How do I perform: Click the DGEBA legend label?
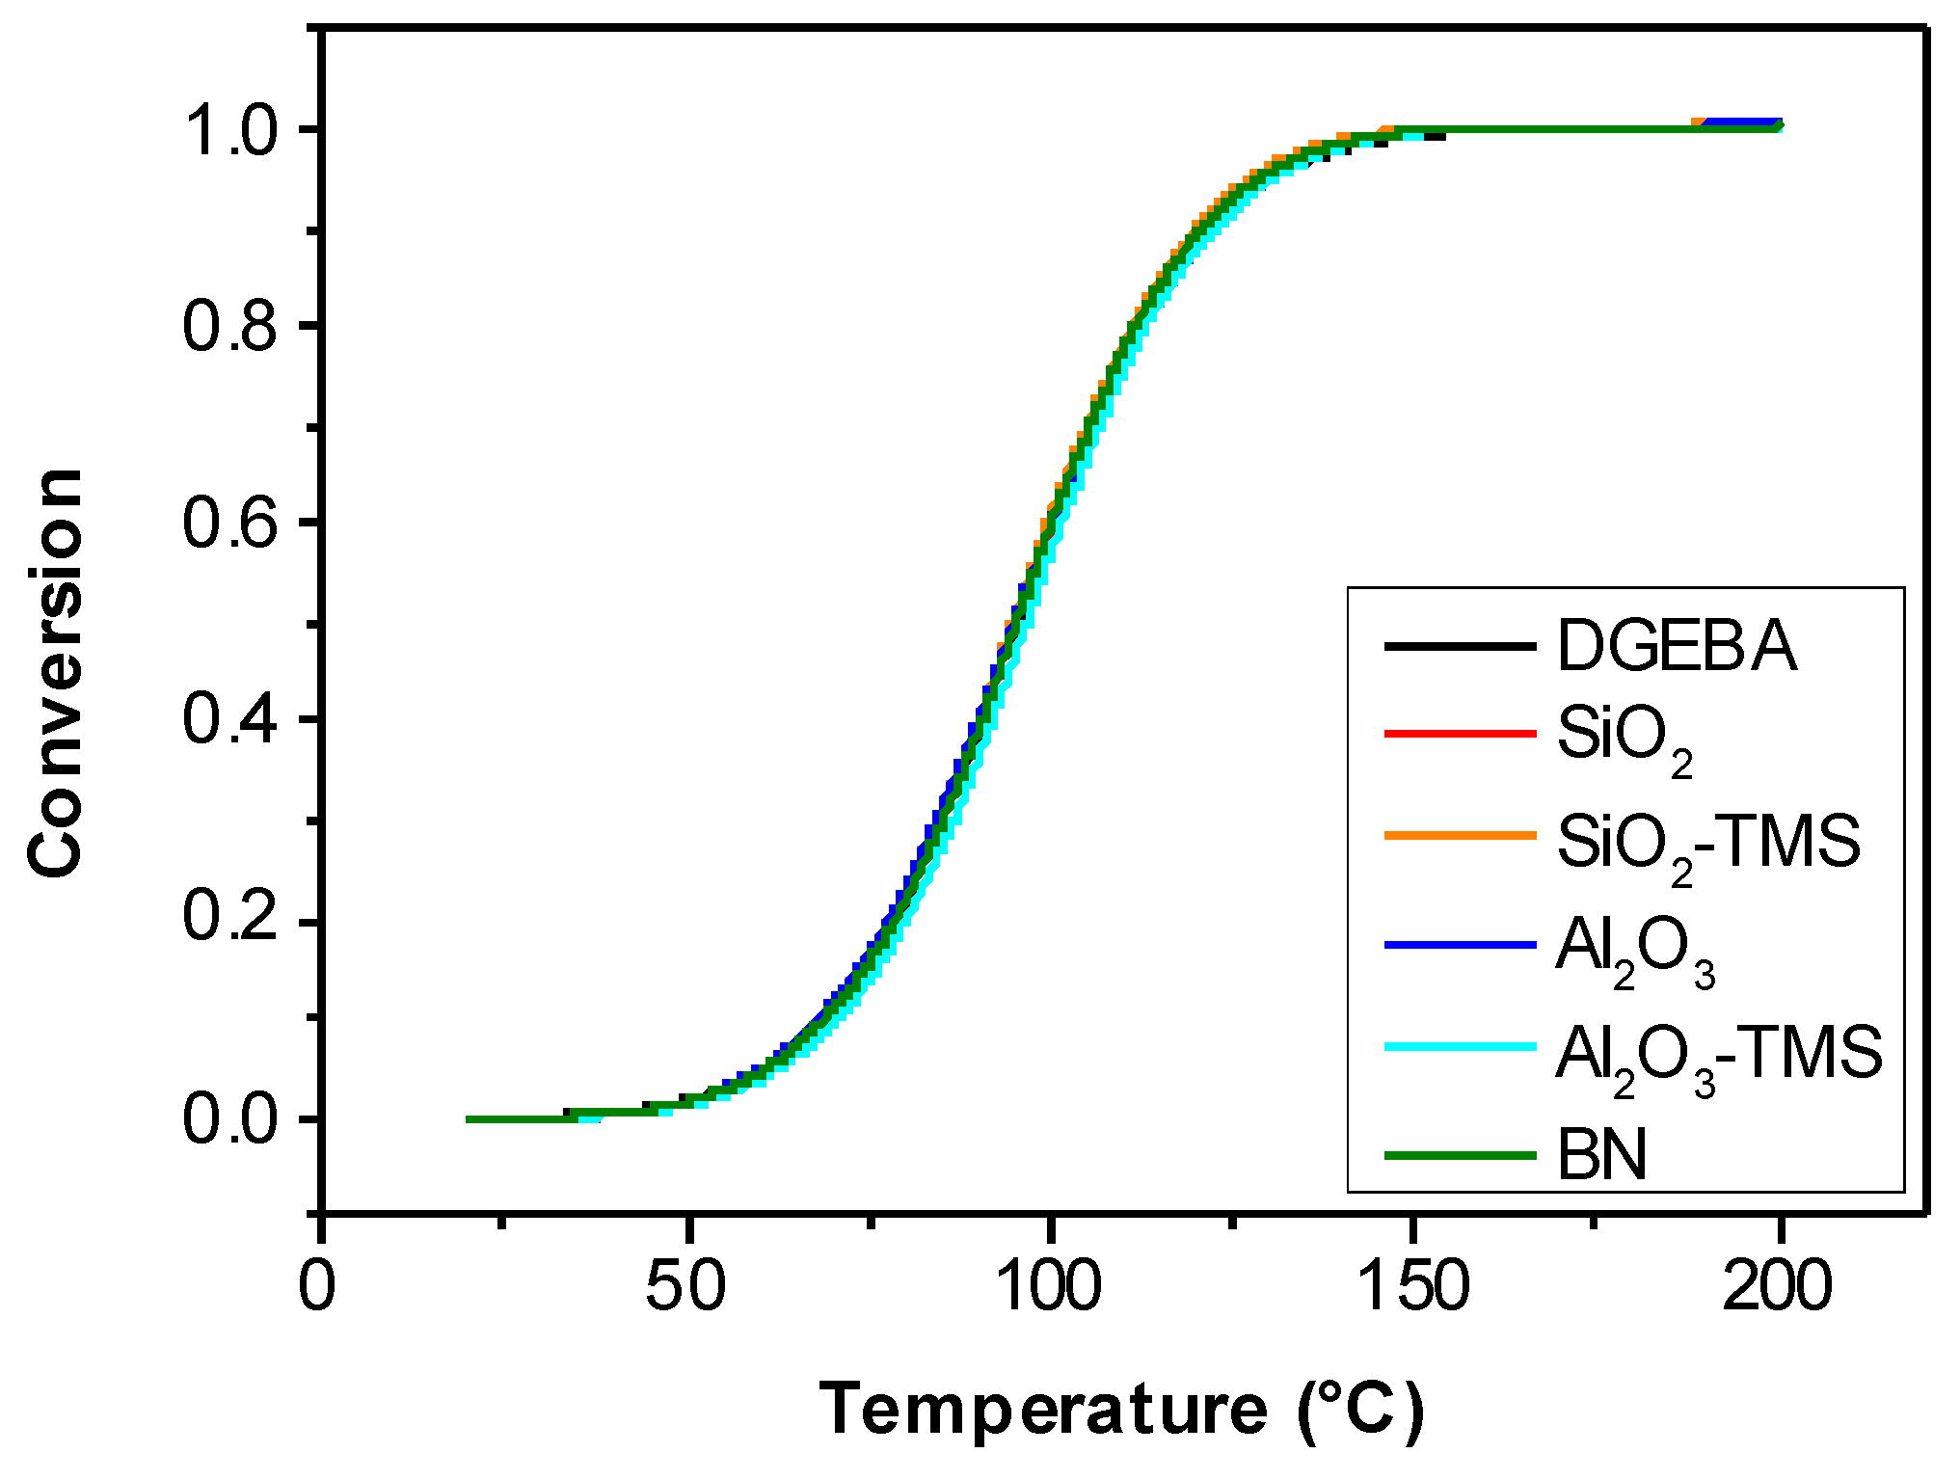click(1677, 646)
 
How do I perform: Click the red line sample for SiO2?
click(1460, 734)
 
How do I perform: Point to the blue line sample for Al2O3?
click(1460, 946)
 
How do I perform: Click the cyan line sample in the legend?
click(1460, 1046)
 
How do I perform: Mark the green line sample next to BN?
click(1460, 1154)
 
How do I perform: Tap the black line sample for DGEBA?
click(1460, 645)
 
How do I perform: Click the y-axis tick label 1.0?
click(230, 130)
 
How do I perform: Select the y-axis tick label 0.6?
click(230, 524)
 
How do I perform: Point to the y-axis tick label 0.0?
click(230, 1120)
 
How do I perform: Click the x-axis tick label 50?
click(685, 1286)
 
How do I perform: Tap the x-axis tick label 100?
click(1049, 1286)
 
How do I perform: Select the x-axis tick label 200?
click(1777, 1286)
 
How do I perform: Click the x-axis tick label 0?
click(318, 1286)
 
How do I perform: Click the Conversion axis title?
click(56, 673)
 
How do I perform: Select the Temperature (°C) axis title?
click(1121, 1411)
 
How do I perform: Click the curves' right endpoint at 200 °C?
click(1778, 126)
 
